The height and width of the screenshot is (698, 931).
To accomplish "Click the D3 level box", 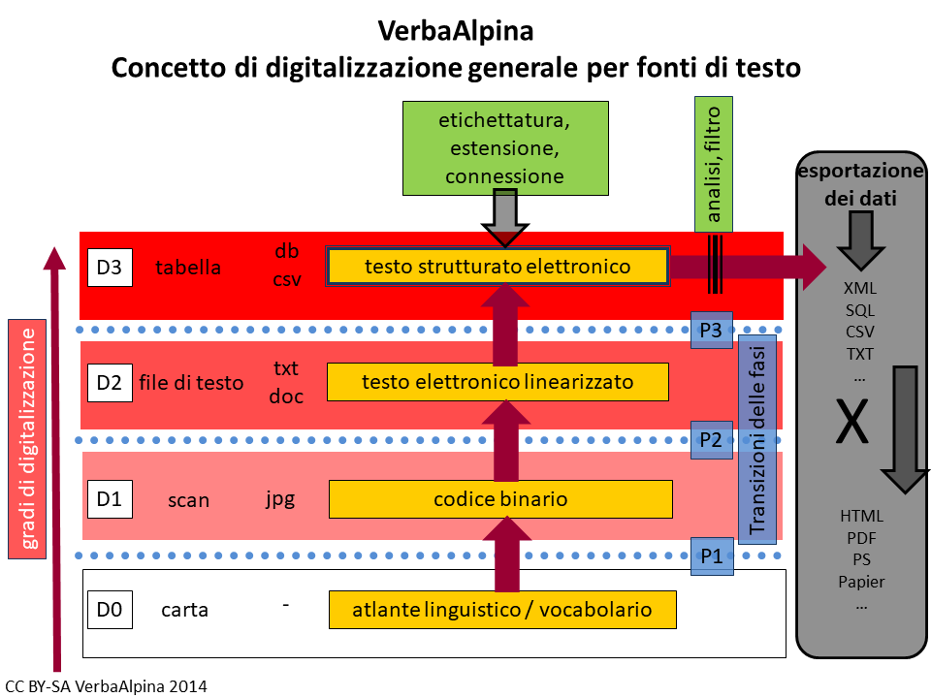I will pyautogui.click(x=109, y=268).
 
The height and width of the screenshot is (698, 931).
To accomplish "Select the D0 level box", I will pyautogui.click(x=109, y=610).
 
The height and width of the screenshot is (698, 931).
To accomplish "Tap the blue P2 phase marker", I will pyautogui.click(x=711, y=439).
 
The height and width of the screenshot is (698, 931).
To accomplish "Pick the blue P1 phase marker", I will pyautogui.click(x=711, y=556).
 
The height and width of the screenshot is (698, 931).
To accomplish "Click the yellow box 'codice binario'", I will pyautogui.click(x=500, y=499).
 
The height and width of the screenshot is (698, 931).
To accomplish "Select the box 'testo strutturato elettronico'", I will pyautogui.click(x=498, y=266).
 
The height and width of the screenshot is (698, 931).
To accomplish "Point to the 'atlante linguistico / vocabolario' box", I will pyautogui.click(x=501, y=610).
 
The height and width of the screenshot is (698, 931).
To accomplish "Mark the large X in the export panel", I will pyautogui.click(x=851, y=424).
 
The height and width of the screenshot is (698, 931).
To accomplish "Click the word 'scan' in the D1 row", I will pyautogui.click(x=188, y=500).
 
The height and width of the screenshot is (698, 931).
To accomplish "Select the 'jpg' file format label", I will pyautogui.click(x=280, y=499).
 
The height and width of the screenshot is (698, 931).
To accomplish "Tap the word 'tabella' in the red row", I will pyautogui.click(x=188, y=268).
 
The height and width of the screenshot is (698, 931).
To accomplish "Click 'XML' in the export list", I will pyautogui.click(x=860, y=288).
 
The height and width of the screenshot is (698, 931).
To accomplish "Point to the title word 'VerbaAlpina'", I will pyautogui.click(x=456, y=31).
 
